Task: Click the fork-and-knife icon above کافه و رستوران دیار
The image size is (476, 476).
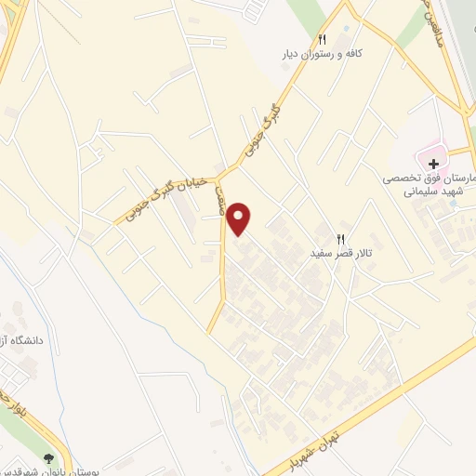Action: point(322,40)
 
